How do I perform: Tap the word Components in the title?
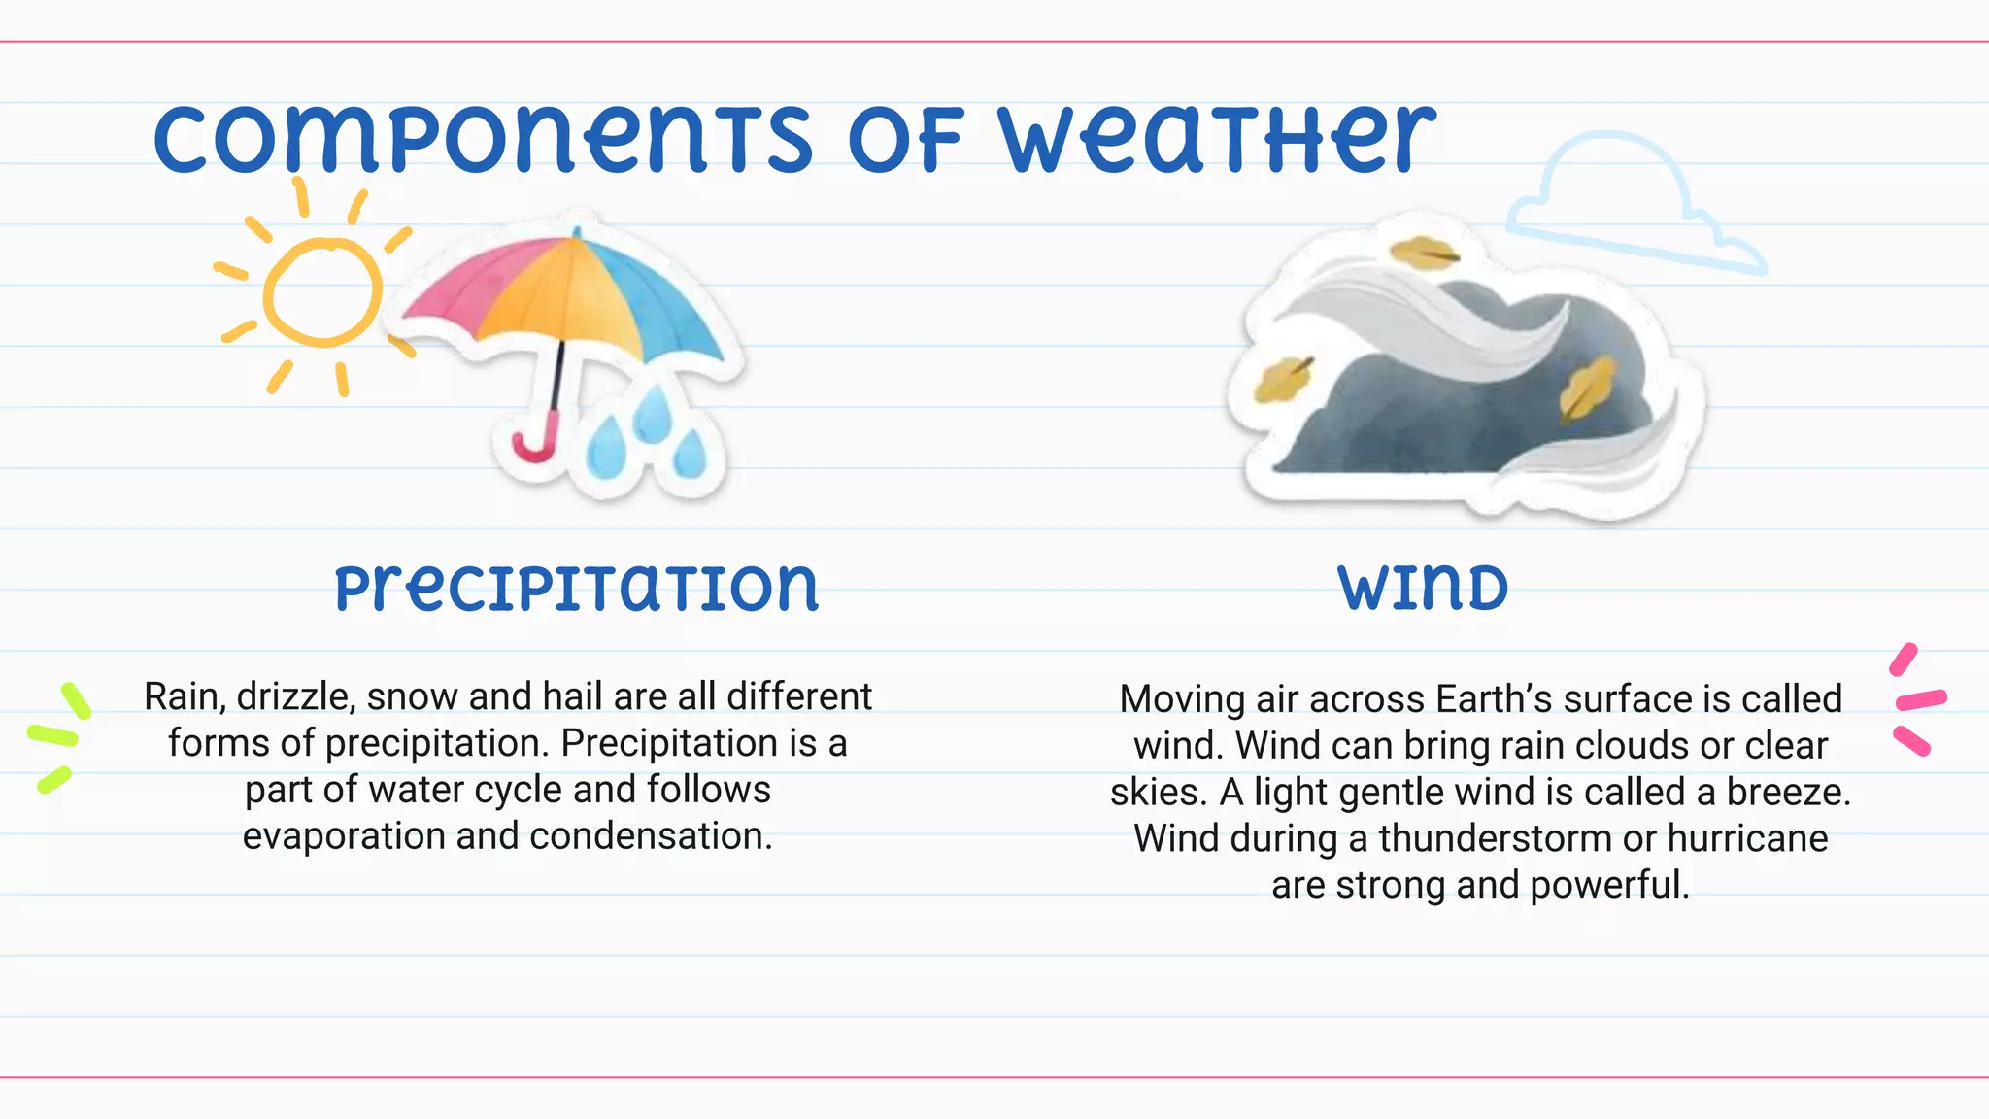point(483,141)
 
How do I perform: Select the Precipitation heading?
point(577,589)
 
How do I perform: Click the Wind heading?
point(1423,589)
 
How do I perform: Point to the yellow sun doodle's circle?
point(321,292)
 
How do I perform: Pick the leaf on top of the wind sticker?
point(1423,254)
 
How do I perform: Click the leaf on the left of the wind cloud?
point(1282,379)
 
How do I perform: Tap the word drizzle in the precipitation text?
point(294,696)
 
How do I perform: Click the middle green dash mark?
point(51,735)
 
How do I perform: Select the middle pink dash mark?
point(1921,699)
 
